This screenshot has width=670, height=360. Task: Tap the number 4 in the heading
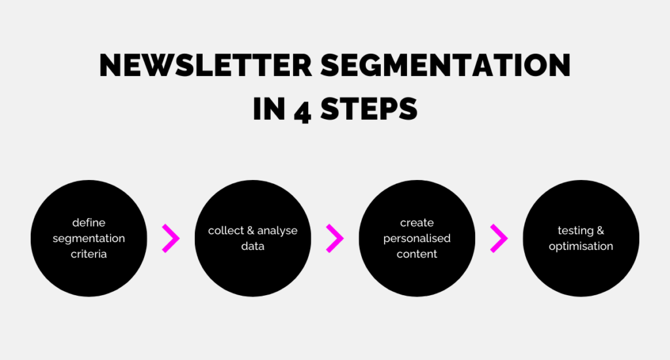pos(302,108)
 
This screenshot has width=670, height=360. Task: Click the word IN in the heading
pos(268,108)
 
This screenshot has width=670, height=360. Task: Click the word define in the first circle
pos(88,223)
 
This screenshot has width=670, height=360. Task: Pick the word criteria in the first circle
pos(88,254)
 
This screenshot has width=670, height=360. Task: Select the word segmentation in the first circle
pos(88,238)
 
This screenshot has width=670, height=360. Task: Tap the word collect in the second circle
pos(225,230)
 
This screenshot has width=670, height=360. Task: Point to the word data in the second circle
pos(253,247)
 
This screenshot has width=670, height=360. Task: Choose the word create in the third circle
pos(417,223)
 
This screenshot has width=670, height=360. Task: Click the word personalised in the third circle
pos(417,238)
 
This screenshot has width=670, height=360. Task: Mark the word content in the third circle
pos(417,254)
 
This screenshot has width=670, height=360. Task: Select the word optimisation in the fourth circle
pos(581,247)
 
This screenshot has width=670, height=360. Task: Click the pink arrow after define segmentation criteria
pos(171,239)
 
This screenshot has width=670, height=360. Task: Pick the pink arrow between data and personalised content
pos(335,239)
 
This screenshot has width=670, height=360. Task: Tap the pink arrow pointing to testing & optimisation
pos(499,239)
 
